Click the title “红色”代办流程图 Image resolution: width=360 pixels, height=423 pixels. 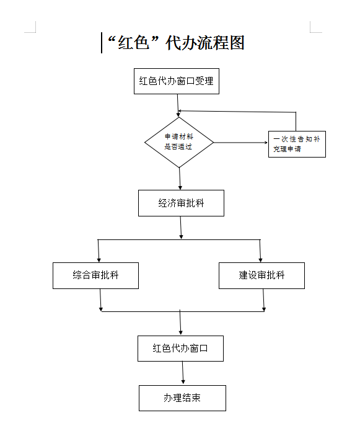click(176, 43)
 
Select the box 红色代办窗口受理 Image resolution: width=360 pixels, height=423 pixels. click(177, 81)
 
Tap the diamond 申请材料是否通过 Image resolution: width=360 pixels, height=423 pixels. click(179, 142)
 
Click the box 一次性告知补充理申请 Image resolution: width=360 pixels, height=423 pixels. click(297, 144)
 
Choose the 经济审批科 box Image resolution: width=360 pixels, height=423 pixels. click(181, 203)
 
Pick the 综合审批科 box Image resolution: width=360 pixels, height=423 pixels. click(95, 276)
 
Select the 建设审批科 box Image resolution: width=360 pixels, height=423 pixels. click(261, 276)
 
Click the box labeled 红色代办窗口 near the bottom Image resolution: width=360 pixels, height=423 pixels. click(180, 349)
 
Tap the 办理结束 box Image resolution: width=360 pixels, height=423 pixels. click(182, 398)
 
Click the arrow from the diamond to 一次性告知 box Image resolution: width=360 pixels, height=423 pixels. click(241, 143)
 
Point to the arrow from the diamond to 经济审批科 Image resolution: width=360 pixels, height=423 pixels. click(180, 179)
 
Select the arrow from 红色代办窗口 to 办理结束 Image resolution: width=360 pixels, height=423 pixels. click(183, 373)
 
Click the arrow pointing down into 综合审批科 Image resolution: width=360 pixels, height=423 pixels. click(99, 251)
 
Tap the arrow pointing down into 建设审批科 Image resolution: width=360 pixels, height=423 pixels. click(260, 251)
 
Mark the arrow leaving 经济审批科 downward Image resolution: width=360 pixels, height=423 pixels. click(181, 228)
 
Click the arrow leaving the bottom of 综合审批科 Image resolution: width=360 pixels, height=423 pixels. click(100, 300)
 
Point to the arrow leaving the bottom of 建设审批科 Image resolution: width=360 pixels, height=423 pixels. click(263, 300)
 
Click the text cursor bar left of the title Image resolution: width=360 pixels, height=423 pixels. click(102, 43)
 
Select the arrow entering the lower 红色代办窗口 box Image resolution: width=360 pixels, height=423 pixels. click(180, 323)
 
